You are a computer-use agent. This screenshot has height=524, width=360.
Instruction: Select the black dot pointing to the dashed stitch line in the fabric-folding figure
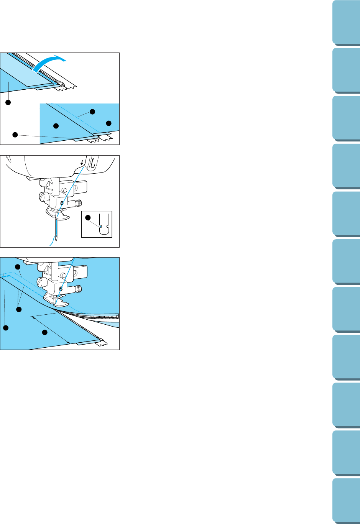click(92, 112)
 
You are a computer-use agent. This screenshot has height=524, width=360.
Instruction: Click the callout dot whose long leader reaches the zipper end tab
click(15, 135)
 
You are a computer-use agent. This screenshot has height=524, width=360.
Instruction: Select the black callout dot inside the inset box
click(88, 218)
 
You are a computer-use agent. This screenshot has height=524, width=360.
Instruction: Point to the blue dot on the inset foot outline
click(100, 227)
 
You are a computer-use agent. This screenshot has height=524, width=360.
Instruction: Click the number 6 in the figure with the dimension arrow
click(61, 289)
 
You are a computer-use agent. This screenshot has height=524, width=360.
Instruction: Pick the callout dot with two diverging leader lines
click(18, 309)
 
